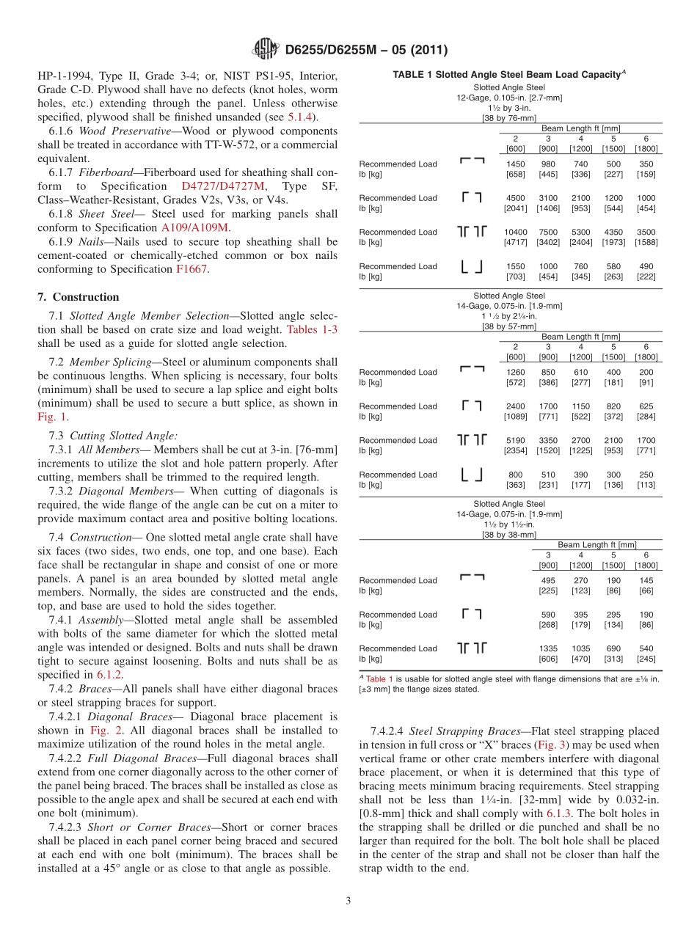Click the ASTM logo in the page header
pos(265,50)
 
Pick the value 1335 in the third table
pos(548,648)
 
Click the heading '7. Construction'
pos(78,297)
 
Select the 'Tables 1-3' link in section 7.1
pos(313,329)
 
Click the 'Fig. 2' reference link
pos(103,731)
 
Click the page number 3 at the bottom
pos(348,901)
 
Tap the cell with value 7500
pos(548,232)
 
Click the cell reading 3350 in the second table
pos(548,440)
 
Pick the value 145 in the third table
pos(646,580)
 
